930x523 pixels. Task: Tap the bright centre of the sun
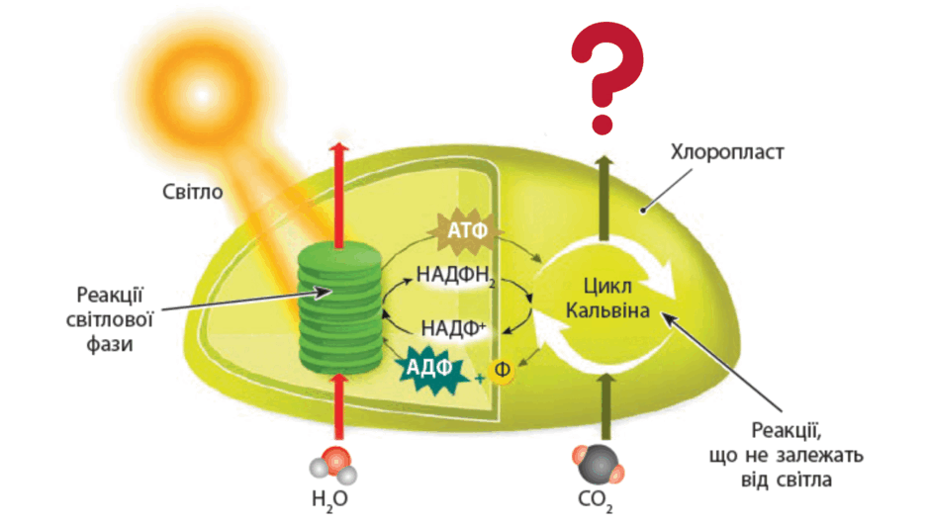202,95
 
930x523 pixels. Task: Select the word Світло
193,192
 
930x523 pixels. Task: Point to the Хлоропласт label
727,152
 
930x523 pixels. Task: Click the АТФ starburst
467,230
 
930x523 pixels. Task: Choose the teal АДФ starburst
429,370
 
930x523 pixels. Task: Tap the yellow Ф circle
502,371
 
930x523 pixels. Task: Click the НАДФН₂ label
455,276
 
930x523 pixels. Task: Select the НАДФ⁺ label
454,327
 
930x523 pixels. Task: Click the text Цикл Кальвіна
607,299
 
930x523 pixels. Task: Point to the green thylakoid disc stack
340,307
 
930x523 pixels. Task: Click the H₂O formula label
329,499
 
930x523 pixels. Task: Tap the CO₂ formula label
595,500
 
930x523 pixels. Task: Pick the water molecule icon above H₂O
333,466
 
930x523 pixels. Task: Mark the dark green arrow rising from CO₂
605,408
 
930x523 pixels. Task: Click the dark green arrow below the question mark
604,198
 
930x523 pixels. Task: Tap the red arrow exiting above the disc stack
339,196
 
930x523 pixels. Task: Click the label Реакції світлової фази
110,319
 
